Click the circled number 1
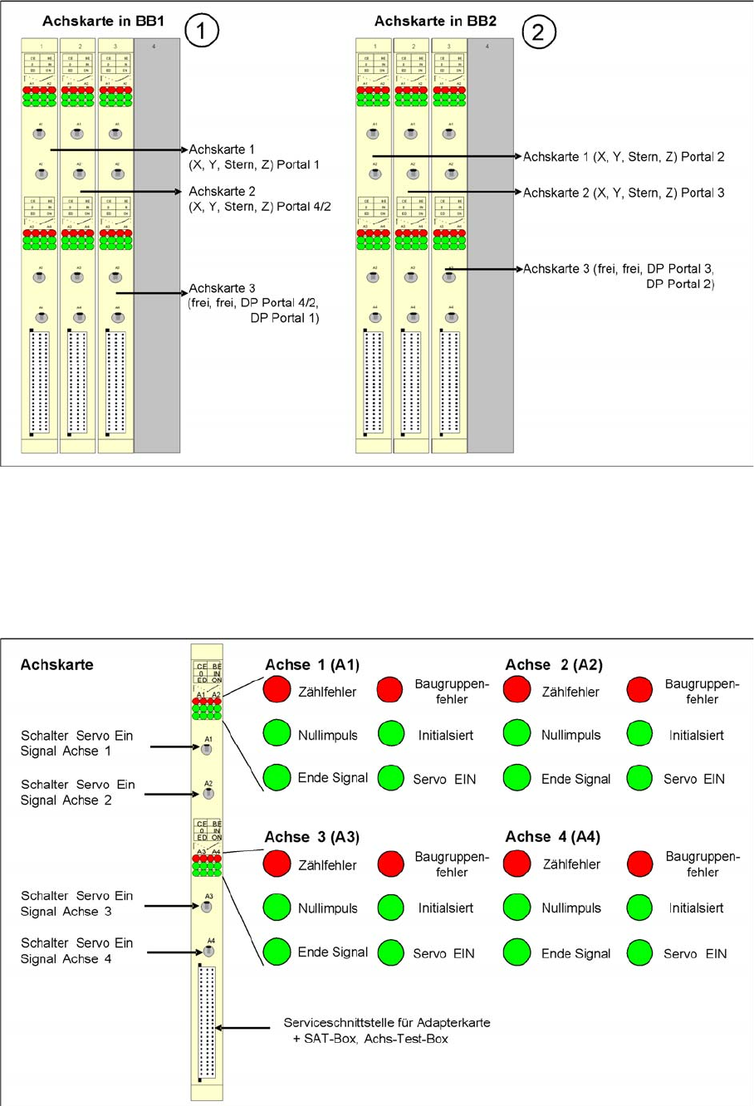[x=202, y=32]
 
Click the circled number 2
[x=538, y=32]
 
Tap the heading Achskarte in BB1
[x=103, y=21]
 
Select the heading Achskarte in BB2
[x=435, y=21]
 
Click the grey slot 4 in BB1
[x=157, y=245]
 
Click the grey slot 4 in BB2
[x=490, y=245]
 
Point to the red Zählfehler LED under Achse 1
[x=277, y=688]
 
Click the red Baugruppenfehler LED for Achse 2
[x=639, y=688]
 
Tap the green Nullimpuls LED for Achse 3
[x=277, y=907]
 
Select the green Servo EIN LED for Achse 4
[x=639, y=952]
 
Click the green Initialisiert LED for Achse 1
[x=391, y=733]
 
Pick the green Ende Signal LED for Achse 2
[x=517, y=777]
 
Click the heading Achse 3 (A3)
[x=311, y=837]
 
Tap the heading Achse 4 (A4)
[x=552, y=837]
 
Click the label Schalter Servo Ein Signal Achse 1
[x=76, y=743]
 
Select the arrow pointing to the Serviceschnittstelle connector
[x=242, y=1028]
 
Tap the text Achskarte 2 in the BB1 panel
[x=223, y=192]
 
